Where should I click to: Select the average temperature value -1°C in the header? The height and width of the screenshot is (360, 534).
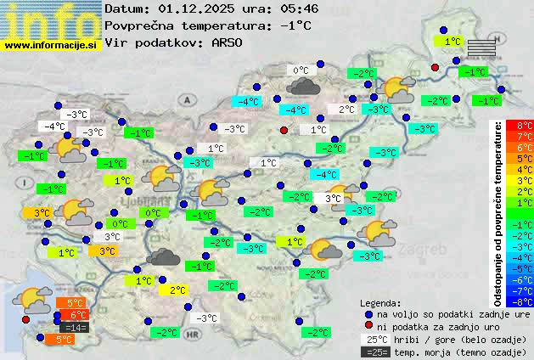(x=295, y=25)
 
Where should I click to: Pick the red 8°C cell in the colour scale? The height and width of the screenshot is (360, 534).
(x=525, y=125)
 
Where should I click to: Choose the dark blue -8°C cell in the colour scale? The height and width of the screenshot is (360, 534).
(x=525, y=301)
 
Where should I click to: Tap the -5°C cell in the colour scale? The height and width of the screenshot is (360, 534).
(x=525, y=268)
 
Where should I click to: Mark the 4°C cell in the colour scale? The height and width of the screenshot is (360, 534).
(x=525, y=169)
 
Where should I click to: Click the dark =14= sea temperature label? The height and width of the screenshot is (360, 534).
(x=74, y=327)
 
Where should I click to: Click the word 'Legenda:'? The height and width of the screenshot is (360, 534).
(x=380, y=302)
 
